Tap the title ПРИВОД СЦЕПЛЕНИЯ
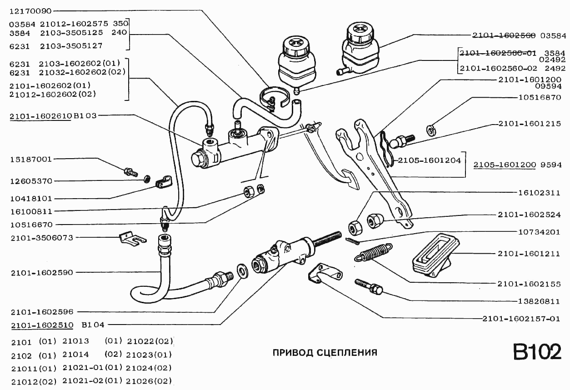(x=325, y=352)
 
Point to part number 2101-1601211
(x=529, y=254)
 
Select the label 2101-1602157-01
(x=521, y=319)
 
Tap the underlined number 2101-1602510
(x=40, y=325)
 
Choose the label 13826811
(x=539, y=301)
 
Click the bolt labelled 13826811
(x=369, y=286)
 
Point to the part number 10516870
(x=539, y=97)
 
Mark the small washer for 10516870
(x=430, y=130)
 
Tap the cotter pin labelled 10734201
(x=352, y=241)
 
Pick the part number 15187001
(x=31, y=160)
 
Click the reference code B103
(x=85, y=116)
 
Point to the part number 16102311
(x=539, y=193)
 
